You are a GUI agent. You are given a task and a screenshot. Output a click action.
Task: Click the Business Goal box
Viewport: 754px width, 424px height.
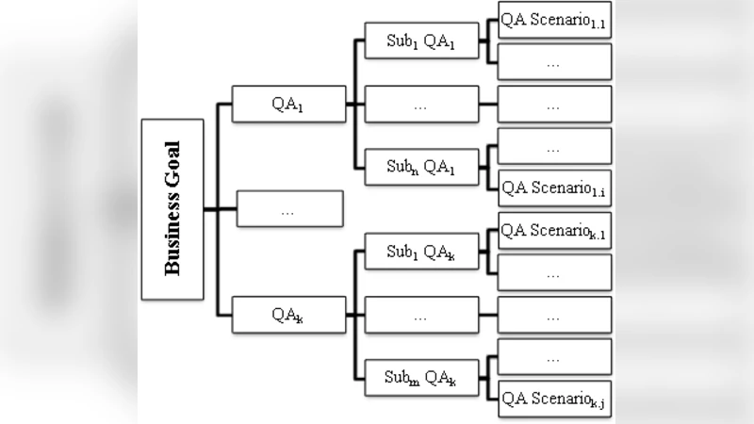172,209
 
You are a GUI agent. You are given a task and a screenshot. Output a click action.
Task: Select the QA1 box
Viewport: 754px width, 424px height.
288,104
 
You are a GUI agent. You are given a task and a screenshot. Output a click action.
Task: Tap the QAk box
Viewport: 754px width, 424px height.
288,315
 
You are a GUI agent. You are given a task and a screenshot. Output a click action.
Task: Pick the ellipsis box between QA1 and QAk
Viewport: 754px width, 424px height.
289,209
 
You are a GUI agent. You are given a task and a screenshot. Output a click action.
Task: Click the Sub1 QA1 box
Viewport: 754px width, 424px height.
421,42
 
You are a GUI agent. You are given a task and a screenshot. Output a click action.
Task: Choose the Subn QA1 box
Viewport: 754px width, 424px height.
421,168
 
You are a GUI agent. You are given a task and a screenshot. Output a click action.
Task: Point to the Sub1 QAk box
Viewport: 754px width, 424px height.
421,252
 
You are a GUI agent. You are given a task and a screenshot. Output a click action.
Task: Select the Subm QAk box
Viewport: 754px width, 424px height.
421,378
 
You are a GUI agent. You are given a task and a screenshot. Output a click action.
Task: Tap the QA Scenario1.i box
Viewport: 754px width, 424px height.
554,188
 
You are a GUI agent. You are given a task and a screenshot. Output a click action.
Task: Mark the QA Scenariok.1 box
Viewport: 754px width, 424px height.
554,231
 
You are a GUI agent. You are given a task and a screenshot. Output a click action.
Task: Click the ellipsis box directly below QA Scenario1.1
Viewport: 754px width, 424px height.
554,62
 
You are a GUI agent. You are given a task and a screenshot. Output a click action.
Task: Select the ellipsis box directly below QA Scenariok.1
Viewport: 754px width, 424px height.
554,273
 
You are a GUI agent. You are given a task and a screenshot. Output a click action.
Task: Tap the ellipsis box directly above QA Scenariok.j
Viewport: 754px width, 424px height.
554,357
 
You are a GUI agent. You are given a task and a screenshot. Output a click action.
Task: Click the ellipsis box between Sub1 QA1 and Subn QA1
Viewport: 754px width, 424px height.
421,105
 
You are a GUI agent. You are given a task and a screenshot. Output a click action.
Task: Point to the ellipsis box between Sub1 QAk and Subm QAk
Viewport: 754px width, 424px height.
421,315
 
